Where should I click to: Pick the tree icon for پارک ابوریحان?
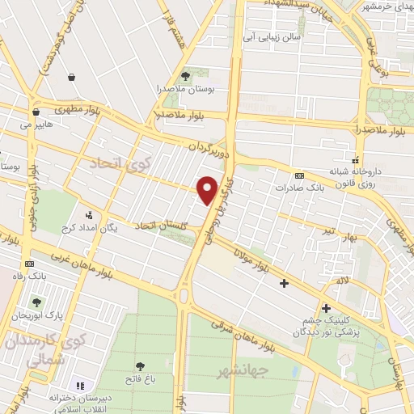click(36, 302)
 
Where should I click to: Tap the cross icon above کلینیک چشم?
click(326, 307)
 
